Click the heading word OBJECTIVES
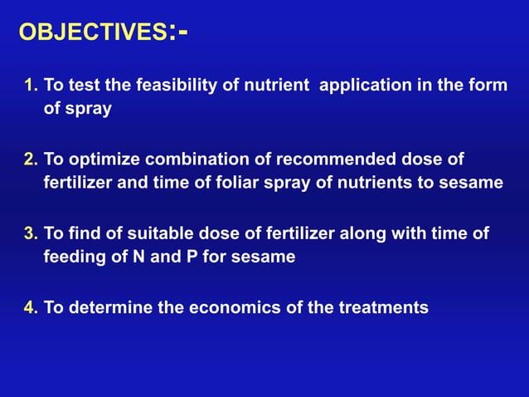[92, 32]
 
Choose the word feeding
[74, 257]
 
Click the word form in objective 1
[489, 86]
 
